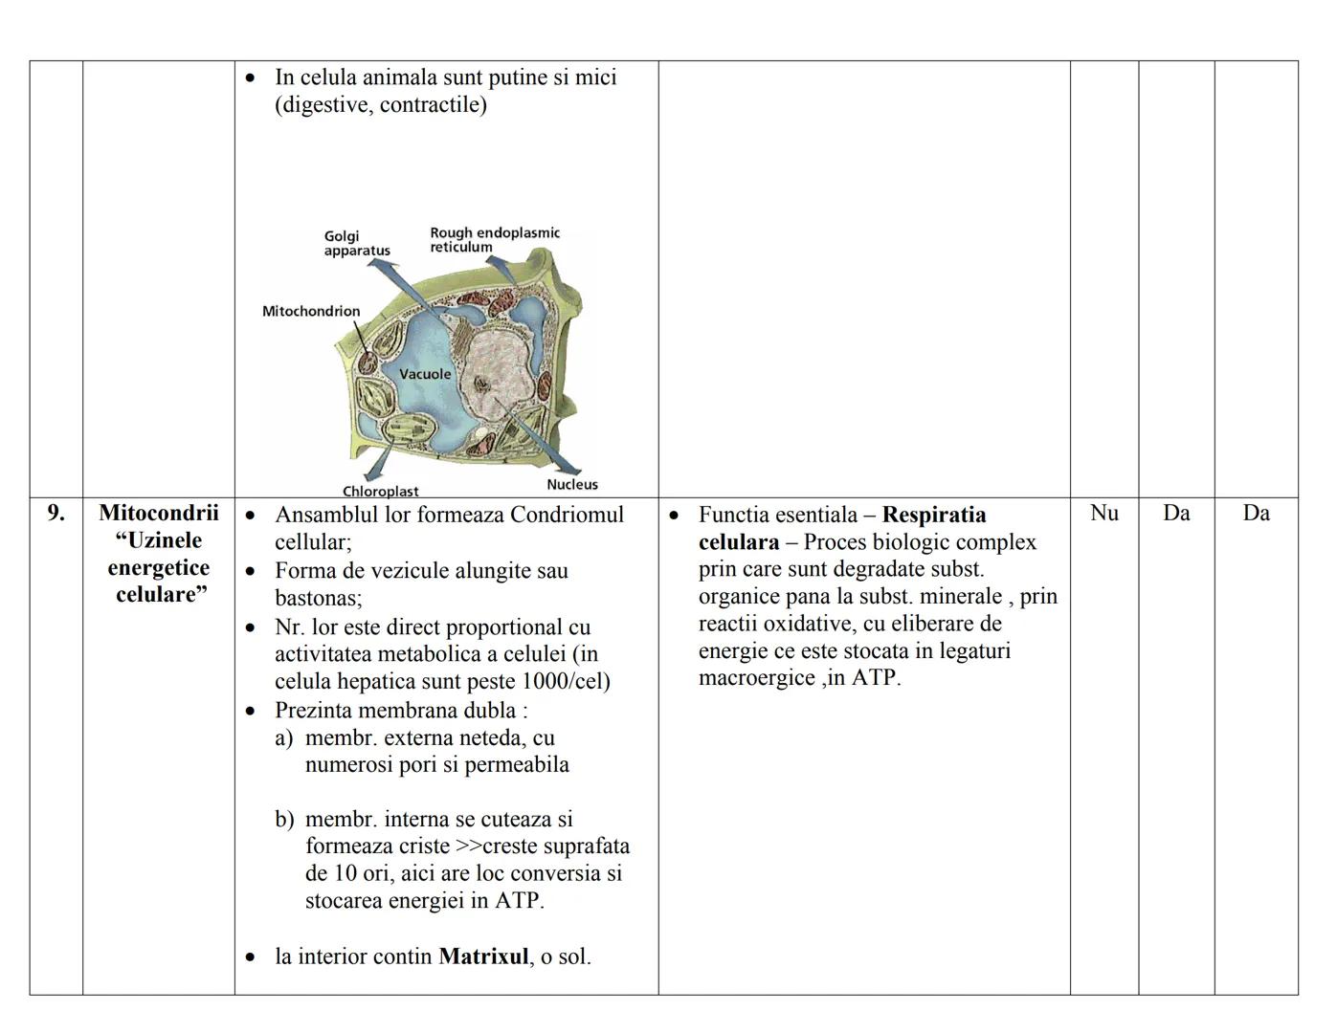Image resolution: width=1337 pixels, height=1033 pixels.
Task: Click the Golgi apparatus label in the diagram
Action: pos(356,243)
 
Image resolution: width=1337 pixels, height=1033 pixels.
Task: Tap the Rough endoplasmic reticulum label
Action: pos(494,239)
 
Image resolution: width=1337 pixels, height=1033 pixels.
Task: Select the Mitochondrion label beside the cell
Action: pos(311,311)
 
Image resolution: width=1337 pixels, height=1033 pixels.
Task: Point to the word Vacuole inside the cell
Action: pos(424,374)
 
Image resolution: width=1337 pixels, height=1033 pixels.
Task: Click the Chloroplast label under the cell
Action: pos(381,491)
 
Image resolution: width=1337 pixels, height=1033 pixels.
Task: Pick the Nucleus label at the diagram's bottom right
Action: pos(572,484)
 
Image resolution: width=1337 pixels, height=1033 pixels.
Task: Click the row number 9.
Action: pos(56,513)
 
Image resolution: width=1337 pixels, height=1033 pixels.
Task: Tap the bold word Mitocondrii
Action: pos(159,513)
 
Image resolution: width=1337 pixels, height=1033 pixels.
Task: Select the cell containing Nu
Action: pos(1103,513)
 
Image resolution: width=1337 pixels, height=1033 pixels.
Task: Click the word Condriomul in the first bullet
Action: pos(567,515)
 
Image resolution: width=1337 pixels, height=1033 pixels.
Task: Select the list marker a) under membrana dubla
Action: pos(283,738)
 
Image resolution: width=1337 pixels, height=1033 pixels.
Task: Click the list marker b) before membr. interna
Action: pos(284,820)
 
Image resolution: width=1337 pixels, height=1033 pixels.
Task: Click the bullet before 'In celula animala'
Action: pos(251,77)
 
